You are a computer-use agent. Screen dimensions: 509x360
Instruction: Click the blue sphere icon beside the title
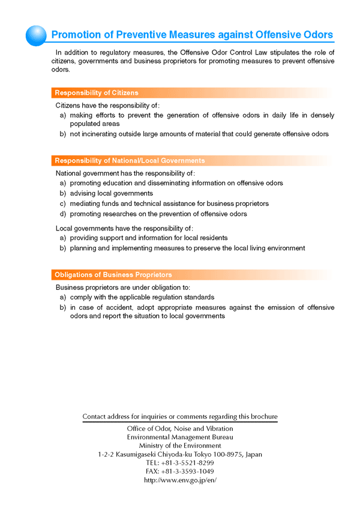click(37, 35)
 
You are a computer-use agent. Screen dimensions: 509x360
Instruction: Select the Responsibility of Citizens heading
click(97, 93)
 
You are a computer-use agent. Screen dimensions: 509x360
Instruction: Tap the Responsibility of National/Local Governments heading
click(130, 161)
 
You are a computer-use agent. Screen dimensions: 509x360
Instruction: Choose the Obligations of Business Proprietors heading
click(113, 275)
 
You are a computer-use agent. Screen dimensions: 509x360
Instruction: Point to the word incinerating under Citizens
click(103, 134)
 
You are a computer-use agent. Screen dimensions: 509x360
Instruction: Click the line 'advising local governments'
click(111, 193)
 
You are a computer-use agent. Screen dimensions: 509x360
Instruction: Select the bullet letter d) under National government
click(63, 214)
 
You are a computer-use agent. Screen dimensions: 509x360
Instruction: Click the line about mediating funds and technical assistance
click(169, 203)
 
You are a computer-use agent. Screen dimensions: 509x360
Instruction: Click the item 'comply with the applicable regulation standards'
click(142, 297)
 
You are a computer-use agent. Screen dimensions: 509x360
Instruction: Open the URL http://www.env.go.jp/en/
click(180, 481)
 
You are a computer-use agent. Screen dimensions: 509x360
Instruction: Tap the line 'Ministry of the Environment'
click(180, 446)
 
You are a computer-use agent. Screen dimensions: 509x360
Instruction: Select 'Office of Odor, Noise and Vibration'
click(180, 429)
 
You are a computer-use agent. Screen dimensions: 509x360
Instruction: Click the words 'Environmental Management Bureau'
click(180, 438)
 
